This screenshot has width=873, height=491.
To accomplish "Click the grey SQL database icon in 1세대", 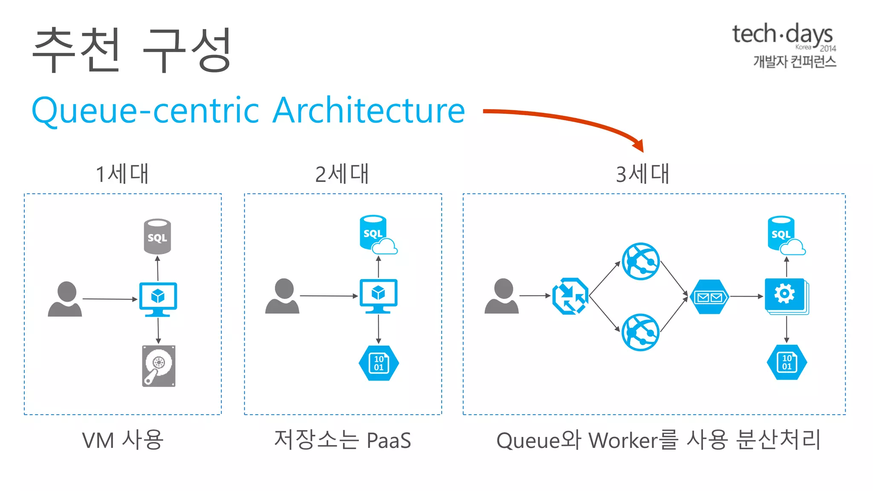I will point(157,237).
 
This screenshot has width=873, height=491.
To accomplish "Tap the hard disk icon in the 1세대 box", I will point(159,366).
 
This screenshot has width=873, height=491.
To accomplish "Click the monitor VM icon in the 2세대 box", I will point(379,295).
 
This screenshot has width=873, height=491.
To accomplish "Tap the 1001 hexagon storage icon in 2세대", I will point(379,363).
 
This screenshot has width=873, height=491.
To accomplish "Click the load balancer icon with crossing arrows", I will point(570,296).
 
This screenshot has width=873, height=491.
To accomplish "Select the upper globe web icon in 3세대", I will point(641,261).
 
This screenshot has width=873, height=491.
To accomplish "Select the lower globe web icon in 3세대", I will point(641,332).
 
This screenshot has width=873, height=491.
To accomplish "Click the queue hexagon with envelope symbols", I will point(709,297).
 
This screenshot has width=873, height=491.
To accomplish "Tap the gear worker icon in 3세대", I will point(786,295).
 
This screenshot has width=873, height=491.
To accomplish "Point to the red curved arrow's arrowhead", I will point(639,145).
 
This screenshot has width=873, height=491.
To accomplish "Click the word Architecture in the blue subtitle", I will point(369,110).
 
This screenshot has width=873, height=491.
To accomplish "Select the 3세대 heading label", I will point(642,174).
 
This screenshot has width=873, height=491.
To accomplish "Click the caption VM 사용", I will point(123,440).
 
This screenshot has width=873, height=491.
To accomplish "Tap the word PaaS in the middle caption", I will point(388,441).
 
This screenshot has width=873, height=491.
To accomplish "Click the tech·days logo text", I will point(782,34).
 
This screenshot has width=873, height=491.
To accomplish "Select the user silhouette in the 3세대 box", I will point(502,296).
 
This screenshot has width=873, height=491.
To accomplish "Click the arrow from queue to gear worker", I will point(746,296).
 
